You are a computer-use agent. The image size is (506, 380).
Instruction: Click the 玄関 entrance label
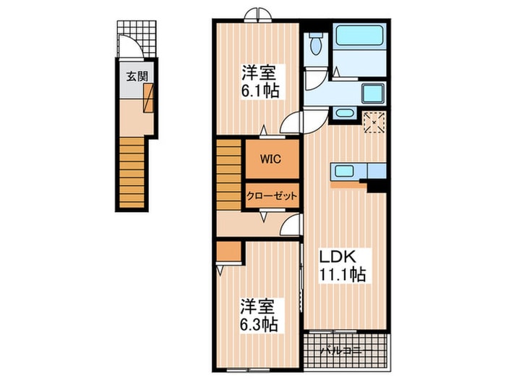137,76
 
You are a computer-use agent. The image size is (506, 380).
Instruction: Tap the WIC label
270,159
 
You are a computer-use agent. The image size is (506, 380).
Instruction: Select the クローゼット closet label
272,196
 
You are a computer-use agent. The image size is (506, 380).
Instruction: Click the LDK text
338,256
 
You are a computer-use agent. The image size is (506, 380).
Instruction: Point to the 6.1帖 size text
260,91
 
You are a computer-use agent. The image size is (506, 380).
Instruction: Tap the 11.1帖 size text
343,275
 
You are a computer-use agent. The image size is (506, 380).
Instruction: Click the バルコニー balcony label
342,350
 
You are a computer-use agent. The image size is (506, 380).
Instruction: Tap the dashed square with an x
374,122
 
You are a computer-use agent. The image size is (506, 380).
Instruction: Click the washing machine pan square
374,93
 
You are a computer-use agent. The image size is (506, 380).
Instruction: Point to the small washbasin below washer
344,114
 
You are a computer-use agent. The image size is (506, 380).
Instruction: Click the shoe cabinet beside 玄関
148,98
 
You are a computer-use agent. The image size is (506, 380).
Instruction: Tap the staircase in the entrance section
132,173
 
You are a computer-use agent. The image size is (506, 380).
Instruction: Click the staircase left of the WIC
229,174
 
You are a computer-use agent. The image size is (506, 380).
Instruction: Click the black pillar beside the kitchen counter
377,185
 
